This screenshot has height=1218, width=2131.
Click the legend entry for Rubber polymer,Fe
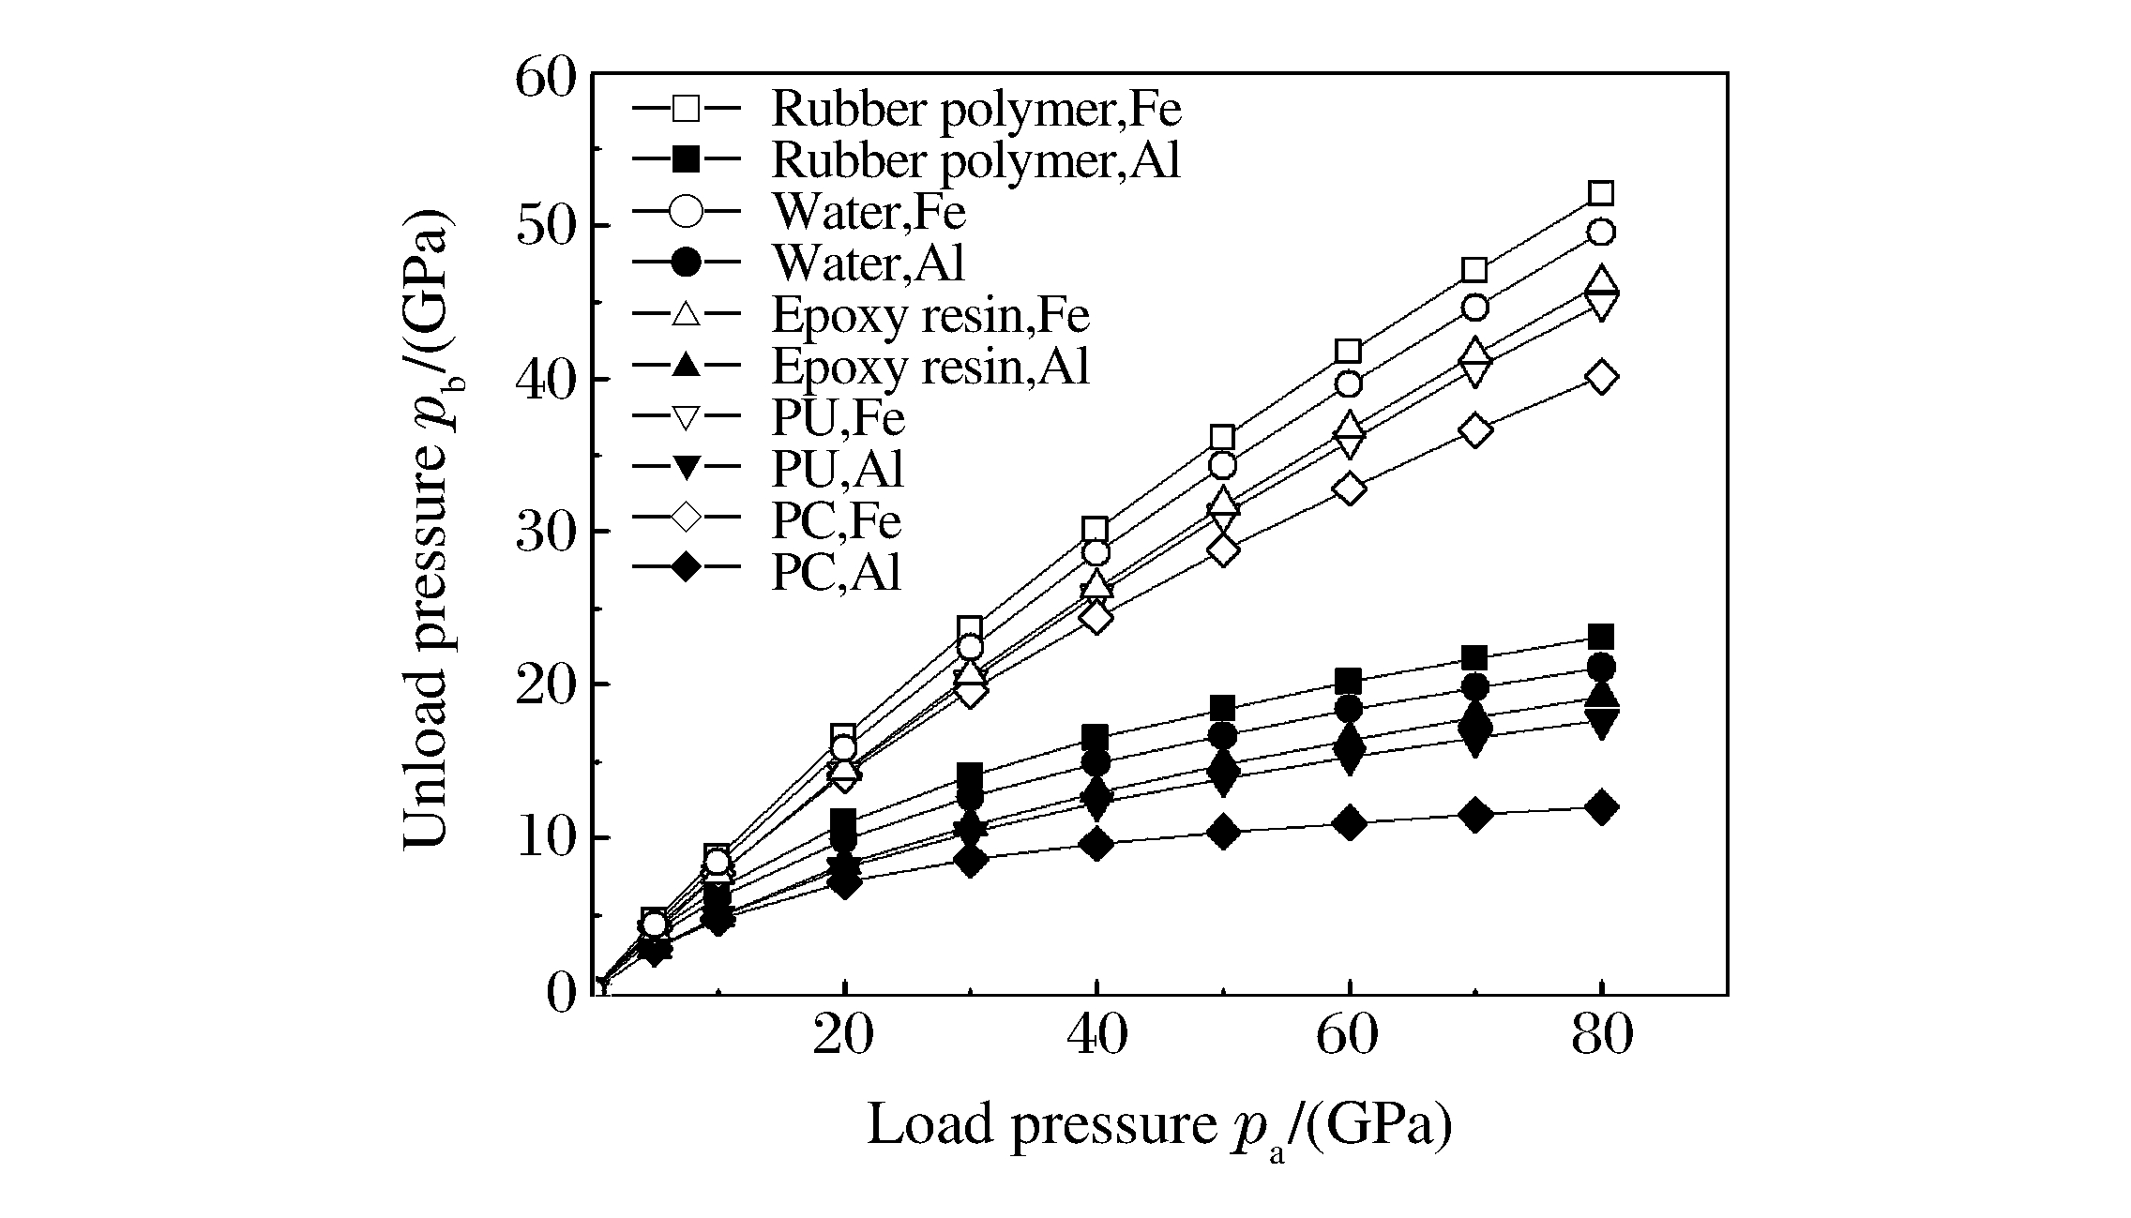click(x=975, y=110)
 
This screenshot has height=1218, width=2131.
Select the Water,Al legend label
click(x=869, y=263)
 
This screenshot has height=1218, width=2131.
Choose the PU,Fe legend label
click(x=838, y=417)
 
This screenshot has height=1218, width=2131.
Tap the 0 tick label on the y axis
click(x=561, y=993)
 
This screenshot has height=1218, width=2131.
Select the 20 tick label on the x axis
click(x=844, y=1035)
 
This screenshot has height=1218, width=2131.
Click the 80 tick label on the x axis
click(x=1601, y=1035)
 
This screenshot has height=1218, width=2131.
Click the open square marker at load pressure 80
click(x=1601, y=194)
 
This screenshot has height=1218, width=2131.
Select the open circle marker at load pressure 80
click(x=1601, y=233)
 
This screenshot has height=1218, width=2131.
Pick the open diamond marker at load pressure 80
click(x=1601, y=377)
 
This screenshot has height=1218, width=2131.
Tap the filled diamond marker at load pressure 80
click(x=1601, y=807)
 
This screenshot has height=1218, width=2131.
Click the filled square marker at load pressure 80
click(x=1601, y=638)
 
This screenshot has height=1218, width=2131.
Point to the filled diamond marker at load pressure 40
click(x=1096, y=844)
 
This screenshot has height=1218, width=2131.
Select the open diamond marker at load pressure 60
click(x=1349, y=489)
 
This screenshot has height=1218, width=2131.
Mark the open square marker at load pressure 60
click(x=1349, y=352)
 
